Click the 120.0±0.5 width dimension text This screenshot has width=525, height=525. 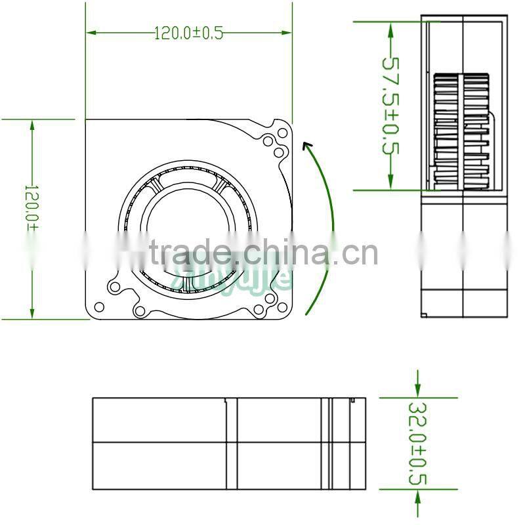point(188,33)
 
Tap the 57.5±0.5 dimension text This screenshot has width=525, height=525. point(391,105)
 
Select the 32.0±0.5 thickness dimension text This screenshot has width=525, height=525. point(417,444)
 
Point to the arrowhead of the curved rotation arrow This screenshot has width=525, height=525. point(306,146)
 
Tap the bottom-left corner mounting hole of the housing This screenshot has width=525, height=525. point(100,306)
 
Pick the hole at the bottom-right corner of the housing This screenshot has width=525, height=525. point(282,306)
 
